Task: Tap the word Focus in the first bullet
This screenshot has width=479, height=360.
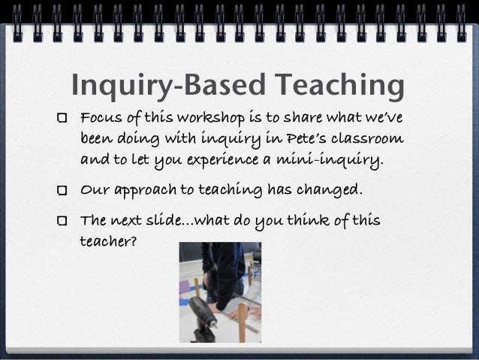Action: pyautogui.click(x=98, y=119)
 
